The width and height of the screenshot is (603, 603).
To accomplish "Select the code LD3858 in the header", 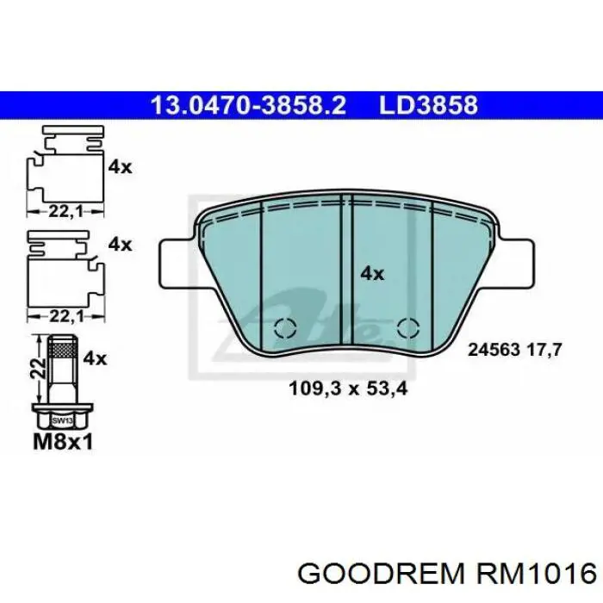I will tap(428, 106).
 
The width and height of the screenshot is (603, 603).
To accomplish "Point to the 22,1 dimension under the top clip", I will tap(60, 208).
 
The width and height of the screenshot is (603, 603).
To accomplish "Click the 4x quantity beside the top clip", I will tap(120, 167).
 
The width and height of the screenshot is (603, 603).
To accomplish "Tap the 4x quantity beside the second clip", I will tap(120, 245).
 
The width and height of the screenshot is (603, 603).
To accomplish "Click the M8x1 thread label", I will tap(62, 443).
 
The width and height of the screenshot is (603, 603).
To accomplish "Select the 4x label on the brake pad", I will tap(371, 274).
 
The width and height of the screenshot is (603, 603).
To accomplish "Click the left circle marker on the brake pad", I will tap(285, 328).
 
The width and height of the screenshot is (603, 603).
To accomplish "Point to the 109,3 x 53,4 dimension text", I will tap(347, 389).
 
